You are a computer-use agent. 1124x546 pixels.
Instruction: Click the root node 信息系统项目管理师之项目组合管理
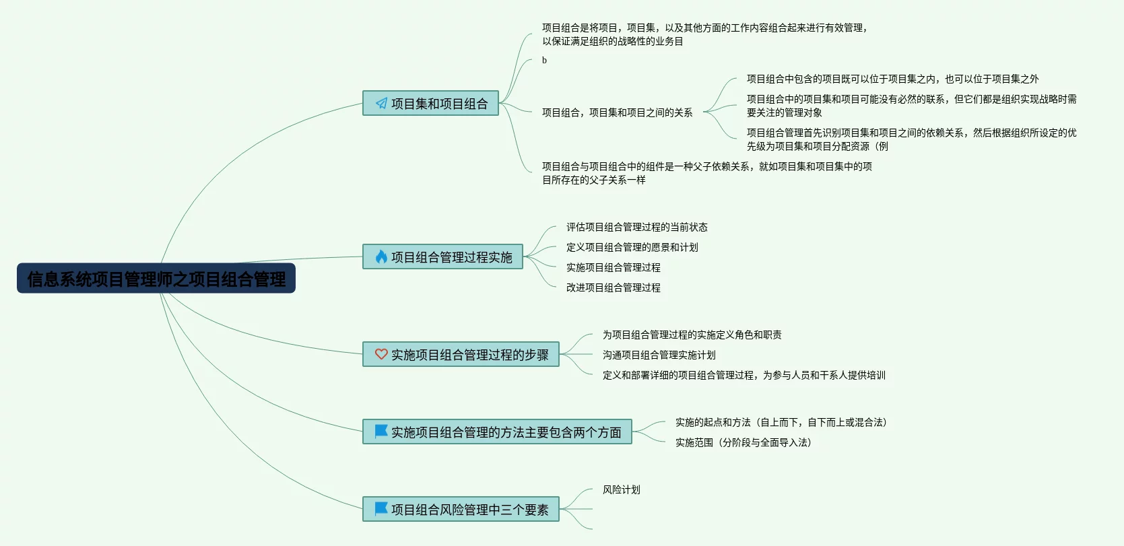point(156,279)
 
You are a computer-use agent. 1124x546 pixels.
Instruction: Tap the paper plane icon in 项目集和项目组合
point(381,103)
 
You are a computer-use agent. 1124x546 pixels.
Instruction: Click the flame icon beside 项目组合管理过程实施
point(381,257)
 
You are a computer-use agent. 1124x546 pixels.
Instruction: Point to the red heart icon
point(381,354)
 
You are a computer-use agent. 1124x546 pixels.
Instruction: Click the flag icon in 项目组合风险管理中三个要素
point(381,509)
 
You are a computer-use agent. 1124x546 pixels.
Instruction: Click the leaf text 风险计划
point(621,489)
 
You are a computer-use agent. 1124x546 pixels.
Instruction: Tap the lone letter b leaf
point(544,61)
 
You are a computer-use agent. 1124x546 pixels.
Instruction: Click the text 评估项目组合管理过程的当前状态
point(636,227)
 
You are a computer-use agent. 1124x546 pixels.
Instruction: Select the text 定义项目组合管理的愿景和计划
point(632,247)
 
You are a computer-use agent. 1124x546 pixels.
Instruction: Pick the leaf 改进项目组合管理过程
point(613,287)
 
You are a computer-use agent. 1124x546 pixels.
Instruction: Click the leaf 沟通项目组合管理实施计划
point(659,355)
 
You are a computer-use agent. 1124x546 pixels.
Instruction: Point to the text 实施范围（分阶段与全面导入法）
point(743,442)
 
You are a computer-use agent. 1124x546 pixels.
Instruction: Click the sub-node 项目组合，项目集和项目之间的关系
point(617,112)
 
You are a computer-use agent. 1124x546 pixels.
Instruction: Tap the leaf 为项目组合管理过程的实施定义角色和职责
point(692,335)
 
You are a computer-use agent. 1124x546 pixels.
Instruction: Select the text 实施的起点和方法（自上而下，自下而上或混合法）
point(781,422)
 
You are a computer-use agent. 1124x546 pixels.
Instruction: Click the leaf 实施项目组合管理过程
point(613,267)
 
